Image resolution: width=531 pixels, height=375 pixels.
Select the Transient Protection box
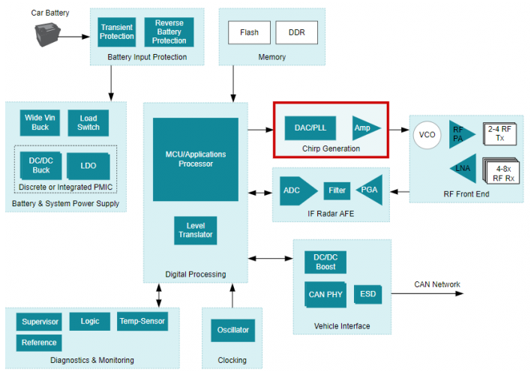coord(116,31)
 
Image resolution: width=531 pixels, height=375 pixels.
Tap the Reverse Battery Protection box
coord(169,31)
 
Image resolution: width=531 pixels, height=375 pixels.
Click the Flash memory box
coord(249,33)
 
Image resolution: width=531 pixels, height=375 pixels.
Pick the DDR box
coord(296,33)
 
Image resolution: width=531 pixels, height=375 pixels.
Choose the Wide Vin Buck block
coord(39,122)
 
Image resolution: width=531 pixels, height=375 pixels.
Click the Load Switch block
coord(88,122)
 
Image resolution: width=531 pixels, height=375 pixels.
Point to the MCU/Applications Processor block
coord(195,159)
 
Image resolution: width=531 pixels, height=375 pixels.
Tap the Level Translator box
coord(195,230)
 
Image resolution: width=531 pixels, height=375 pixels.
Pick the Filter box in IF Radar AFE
coord(337,190)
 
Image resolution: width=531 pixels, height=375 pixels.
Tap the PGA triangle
coord(370,190)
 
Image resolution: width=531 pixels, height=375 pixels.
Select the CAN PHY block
coord(325,294)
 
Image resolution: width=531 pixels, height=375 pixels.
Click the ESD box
coord(367,294)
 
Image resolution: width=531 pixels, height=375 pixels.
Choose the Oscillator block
coord(232,330)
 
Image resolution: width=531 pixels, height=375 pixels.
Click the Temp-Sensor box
coord(142,322)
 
